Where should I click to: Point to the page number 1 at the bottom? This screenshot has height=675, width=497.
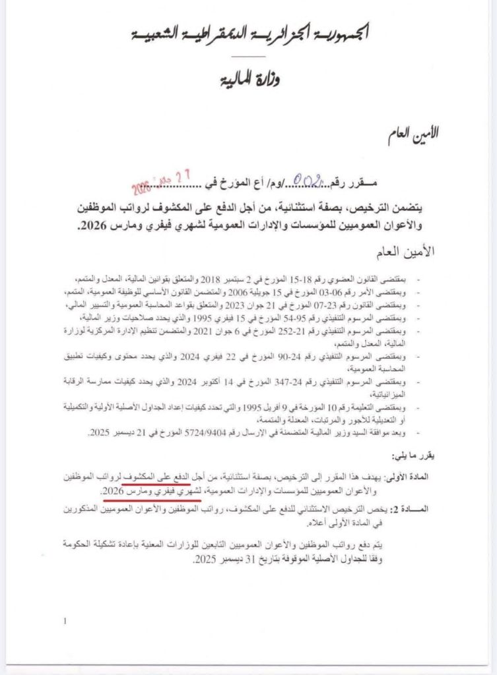point(65,621)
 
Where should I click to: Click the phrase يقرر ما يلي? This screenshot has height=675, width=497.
point(412,455)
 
